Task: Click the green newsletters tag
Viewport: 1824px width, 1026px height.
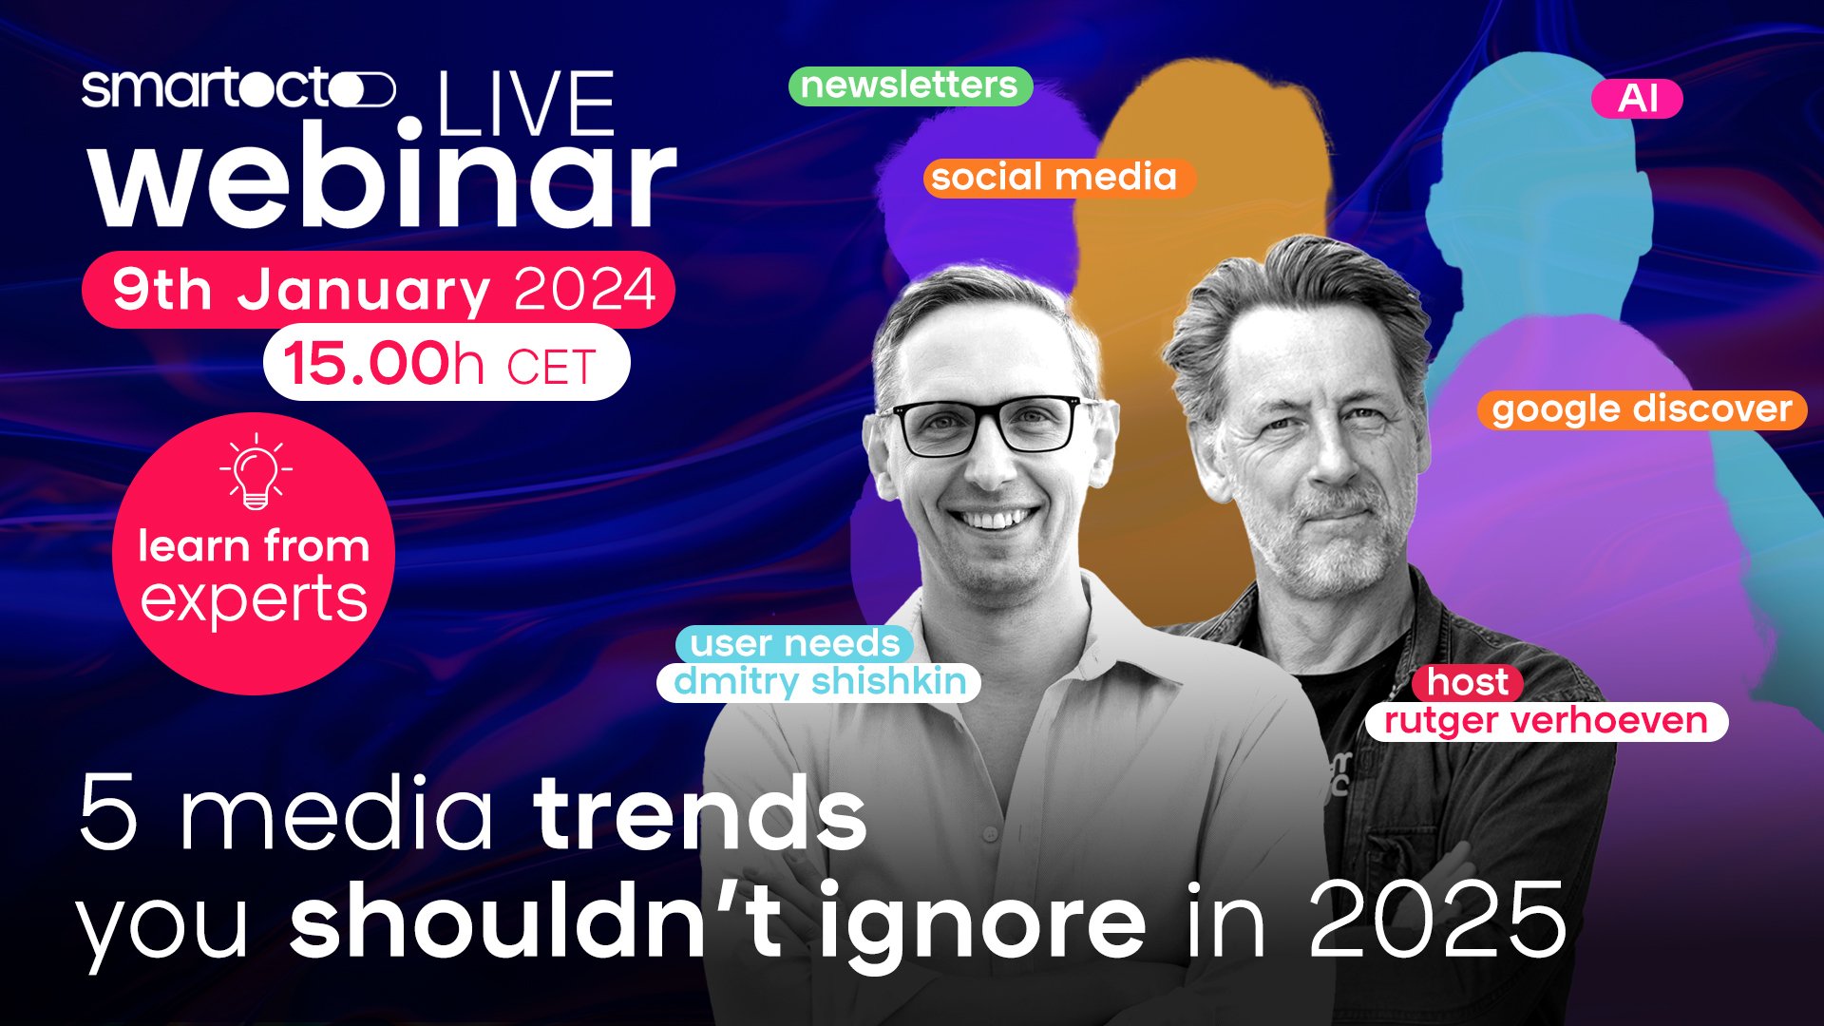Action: point(910,85)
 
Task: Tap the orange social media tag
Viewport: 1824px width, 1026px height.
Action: point(1057,178)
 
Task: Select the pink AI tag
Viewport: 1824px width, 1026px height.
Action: point(1637,99)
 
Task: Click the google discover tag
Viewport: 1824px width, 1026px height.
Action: point(1642,409)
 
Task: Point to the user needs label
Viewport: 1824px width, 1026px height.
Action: point(794,644)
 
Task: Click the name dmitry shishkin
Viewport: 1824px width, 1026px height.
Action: point(819,682)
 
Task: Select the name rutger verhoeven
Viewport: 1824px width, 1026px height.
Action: point(1546,721)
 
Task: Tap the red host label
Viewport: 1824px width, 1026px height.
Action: point(1468,682)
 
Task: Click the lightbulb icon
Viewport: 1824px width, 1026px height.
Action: point(256,472)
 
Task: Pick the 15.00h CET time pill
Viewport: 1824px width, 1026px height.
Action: point(446,363)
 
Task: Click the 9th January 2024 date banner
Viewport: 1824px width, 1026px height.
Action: point(379,289)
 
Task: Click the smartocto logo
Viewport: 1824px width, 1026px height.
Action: point(237,89)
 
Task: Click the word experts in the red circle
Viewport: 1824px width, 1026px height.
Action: point(254,600)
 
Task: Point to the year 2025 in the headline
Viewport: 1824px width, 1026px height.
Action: point(1437,918)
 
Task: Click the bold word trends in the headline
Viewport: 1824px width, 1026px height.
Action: point(700,812)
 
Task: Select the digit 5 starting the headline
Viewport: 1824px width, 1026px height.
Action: point(108,813)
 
